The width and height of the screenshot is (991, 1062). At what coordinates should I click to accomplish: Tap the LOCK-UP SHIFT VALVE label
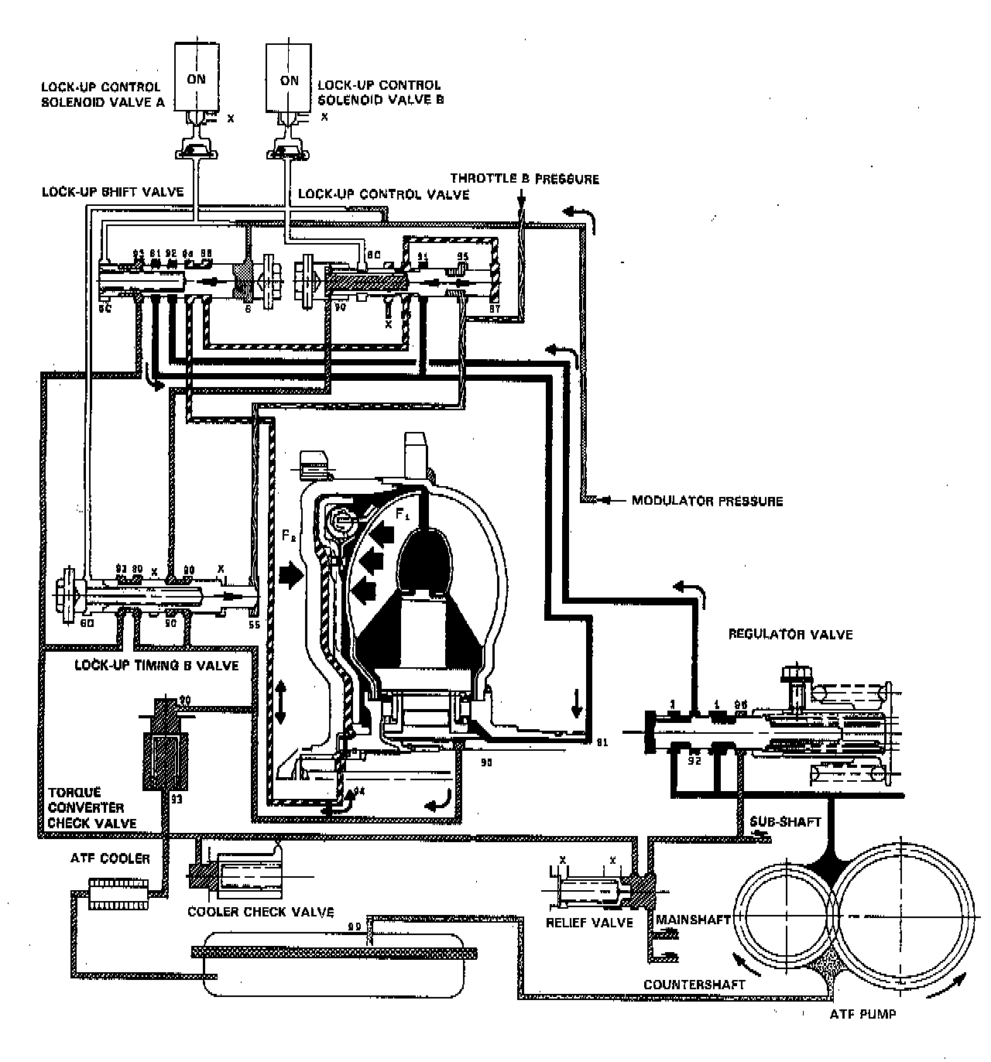(x=113, y=191)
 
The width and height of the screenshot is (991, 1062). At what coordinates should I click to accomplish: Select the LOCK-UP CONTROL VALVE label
(x=383, y=194)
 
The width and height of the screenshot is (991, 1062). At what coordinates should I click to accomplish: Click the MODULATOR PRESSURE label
(x=707, y=501)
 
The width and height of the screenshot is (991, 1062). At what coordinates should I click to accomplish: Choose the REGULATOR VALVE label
(x=790, y=635)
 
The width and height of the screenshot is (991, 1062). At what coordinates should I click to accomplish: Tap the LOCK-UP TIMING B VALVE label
(x=156, y=665)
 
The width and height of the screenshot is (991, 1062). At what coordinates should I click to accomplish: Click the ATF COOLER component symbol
(x=118, y=893)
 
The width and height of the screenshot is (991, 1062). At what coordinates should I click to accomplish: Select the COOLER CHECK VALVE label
(x=261, y=912)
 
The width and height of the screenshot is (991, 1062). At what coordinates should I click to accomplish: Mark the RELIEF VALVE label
(x=590, y=922)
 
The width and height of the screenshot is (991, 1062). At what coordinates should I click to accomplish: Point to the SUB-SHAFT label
(x=786, y=821)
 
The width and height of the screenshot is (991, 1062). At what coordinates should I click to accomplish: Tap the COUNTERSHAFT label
(x=694, y=985)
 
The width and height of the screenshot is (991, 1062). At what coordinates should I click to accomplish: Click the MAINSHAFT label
(x=694, y=920)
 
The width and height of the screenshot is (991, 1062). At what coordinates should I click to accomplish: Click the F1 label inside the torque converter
(x=401, y=513)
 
